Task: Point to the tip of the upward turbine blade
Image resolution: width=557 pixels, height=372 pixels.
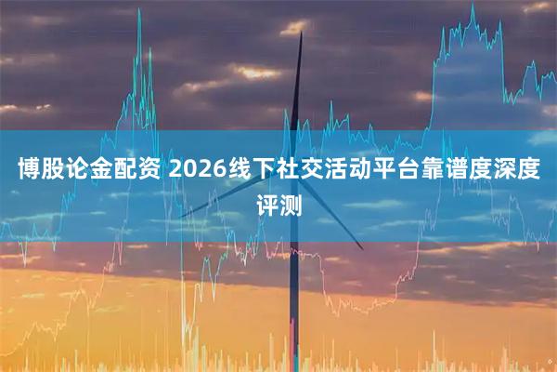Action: pyautogui.click(x=302, y=33)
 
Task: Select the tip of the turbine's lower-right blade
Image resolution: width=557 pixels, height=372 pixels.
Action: pyautogui.click(x=362, y=248)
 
